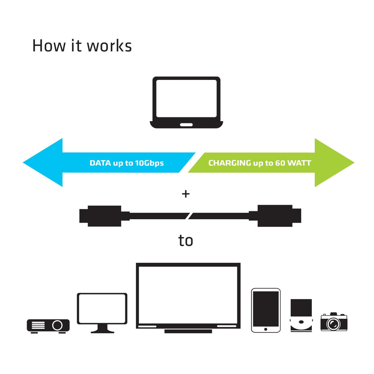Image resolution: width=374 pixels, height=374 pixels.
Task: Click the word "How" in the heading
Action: [49, 45]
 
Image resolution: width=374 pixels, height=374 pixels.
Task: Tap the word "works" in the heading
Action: [109, 45]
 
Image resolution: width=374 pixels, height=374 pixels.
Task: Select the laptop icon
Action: [186, 102]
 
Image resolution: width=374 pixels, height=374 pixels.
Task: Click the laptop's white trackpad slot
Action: [186, 125]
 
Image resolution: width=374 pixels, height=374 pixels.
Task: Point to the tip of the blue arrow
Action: [23, 162]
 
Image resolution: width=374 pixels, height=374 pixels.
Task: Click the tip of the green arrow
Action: [354, 163]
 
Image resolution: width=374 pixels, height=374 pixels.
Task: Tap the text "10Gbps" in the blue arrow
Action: [149, 163]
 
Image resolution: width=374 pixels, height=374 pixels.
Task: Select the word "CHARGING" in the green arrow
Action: [230, 163]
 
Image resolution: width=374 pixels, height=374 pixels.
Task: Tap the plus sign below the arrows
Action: [186, 194]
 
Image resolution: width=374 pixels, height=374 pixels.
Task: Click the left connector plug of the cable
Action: [104, 216]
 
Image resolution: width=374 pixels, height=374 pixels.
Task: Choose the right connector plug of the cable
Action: [275, 216]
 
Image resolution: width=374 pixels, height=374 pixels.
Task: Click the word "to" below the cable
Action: [186, 240]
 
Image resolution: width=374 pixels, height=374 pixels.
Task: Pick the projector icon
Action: [48, 326]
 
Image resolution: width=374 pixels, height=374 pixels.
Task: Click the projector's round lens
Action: [57, 325]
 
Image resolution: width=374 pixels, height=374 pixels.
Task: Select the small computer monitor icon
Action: [102, 313]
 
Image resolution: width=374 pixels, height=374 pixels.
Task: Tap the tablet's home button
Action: [266, 330]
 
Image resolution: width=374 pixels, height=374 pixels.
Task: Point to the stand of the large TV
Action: [188, 331]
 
